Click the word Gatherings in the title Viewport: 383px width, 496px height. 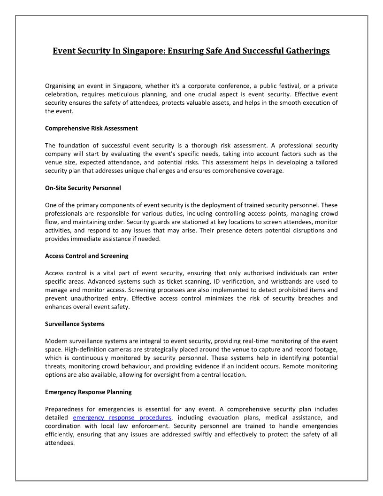pos(307,50)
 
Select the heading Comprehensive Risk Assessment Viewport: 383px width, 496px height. pos(92,128)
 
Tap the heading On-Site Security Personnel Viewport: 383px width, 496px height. pos(83,188)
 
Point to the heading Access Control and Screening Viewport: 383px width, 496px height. pos(87,256)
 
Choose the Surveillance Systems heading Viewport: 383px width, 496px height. pos(75,324)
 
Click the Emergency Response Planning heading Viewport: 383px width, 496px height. pos(88,392)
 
